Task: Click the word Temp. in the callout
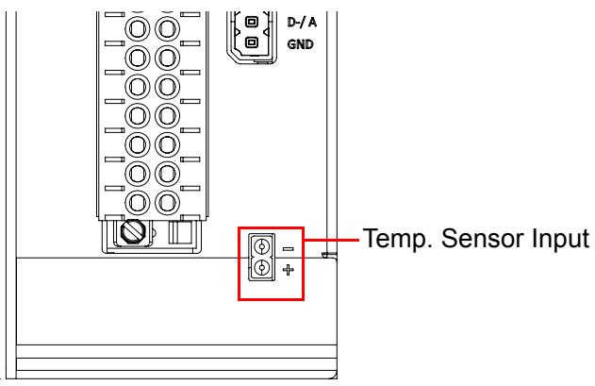[x=397, y=240]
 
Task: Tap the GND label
[x=301, y=44]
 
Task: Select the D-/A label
[x=302, y=23]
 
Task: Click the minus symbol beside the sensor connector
[x=289, y=249]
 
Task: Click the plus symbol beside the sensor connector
[x=289, y=270]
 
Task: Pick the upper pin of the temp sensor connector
[x=261, y=247]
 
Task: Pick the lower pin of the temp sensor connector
[x=261, y=268]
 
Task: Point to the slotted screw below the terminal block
[x=132, y=231]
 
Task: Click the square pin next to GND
[x=251, y=42]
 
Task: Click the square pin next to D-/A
[x=251, y=22]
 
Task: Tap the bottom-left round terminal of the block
[x=138, y=203]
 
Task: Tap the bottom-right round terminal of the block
[x=167, y=203]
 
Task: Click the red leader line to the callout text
[x=332, y=240]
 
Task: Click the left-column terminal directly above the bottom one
[x=138, y=174]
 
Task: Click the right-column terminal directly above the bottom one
[x=167, y=174]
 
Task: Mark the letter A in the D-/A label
[x=312, y=23]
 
